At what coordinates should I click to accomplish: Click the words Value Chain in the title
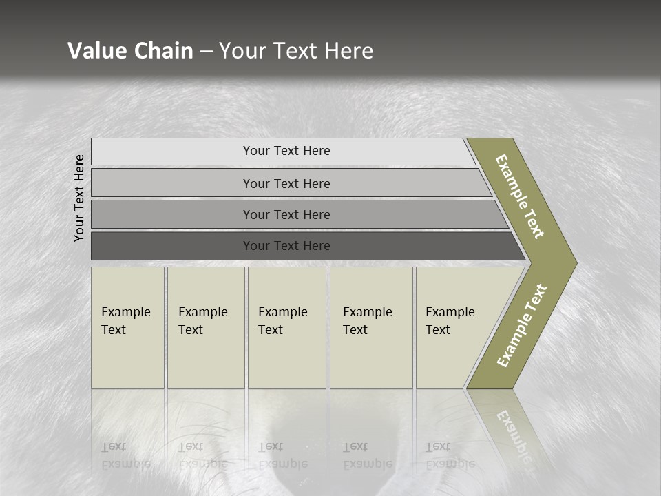[x=130, y=51]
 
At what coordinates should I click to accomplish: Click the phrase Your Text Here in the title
[x=296, y=51]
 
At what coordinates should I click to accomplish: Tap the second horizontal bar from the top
[x=172, y=183]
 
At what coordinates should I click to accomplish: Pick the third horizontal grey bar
[x=172, y=214]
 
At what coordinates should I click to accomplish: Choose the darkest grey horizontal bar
[x=172, y=246]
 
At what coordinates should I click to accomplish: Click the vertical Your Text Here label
[x=80, y=198]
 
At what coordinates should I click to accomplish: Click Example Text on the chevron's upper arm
[x=521, y=197]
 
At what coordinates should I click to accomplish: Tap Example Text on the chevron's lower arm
[x=522, y=326]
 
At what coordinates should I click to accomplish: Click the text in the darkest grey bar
[x=286, y=246]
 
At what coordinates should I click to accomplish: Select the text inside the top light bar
[x=286, y=151]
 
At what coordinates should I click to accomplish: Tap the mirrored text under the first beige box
[x=125, y=455]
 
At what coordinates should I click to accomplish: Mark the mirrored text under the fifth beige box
[x=450, y=455]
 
